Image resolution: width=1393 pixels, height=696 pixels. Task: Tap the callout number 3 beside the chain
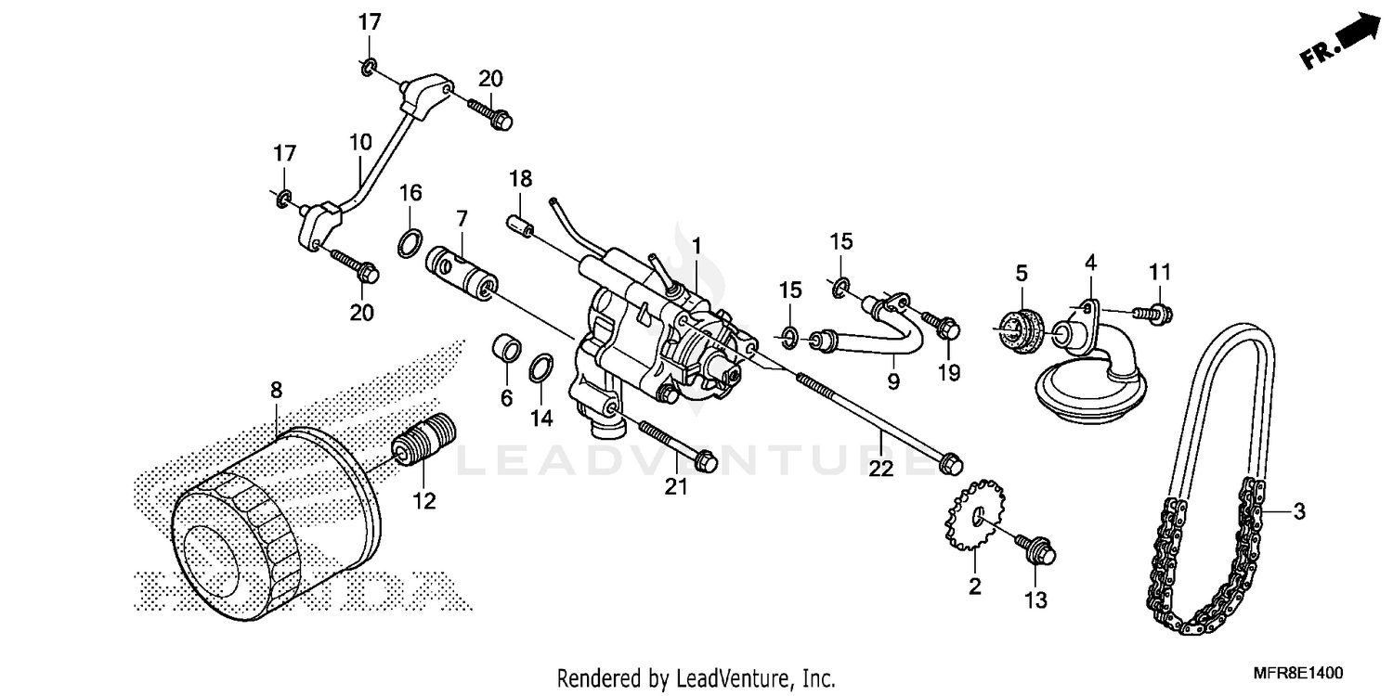point(1299,511)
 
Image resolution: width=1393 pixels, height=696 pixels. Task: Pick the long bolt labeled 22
point(882,417)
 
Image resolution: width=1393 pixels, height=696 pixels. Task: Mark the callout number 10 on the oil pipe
point(360,143)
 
